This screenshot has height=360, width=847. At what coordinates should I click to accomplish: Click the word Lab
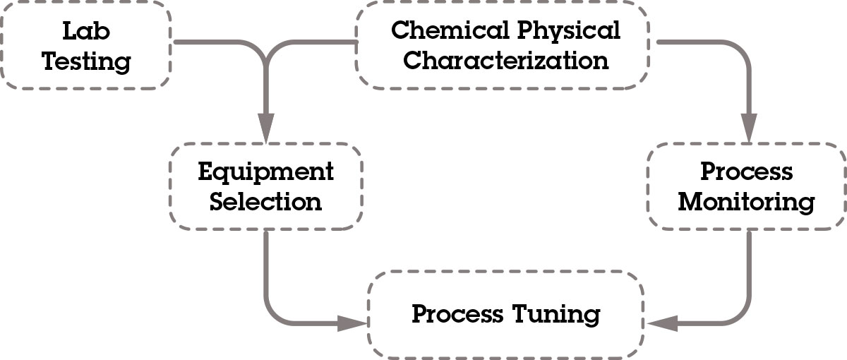(x=86, y=31)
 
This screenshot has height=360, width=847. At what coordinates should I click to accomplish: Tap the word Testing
(x=86, y=61)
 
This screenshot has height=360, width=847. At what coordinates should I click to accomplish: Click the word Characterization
(x=505, y=60)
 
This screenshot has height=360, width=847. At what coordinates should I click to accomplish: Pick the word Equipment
(x=266, y=172)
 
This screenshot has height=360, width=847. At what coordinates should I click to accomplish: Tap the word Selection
(x=266, y=202)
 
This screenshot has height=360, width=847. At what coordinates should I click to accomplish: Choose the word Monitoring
(x=746, y=202)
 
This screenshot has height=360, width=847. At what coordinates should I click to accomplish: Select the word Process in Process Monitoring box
(x=746, y=172)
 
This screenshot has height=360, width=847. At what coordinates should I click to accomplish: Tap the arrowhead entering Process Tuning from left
(x=353, y=324)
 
